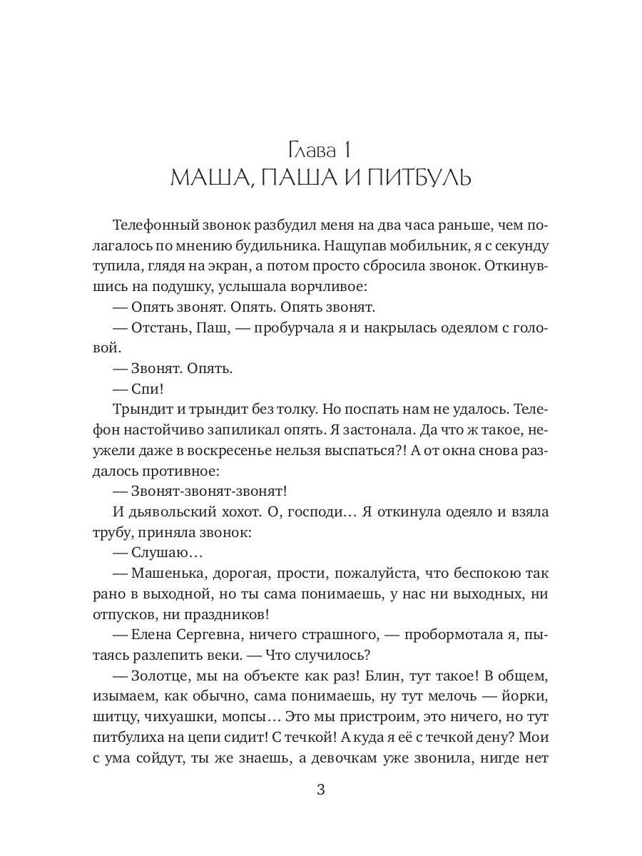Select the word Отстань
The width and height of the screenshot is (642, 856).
pyautogui.click(x=161, y=328)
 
